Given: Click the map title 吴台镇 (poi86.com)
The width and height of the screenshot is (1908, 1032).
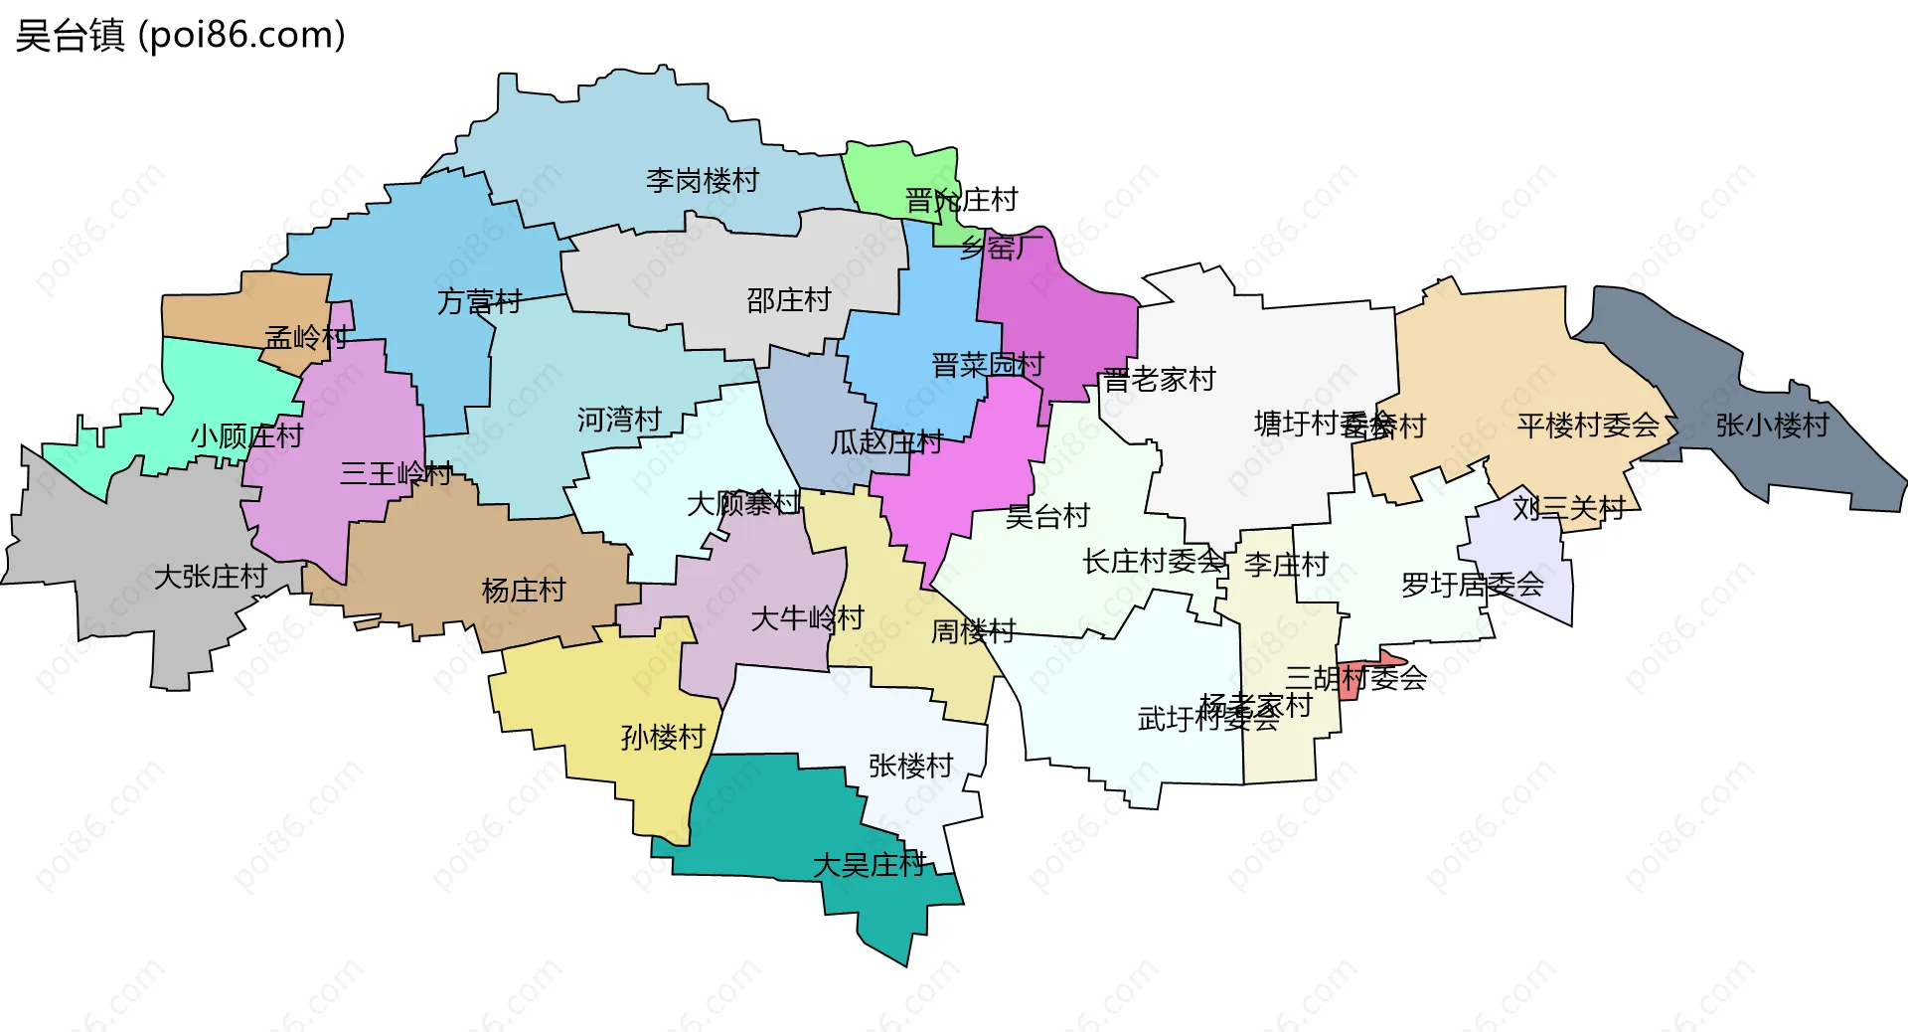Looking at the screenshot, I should coord(181,35).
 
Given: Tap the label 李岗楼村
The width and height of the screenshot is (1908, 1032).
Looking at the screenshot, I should coord(702,180).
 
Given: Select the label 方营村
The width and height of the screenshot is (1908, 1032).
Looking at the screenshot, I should coord(479,300).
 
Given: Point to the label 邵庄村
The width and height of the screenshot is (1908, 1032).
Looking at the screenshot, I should coord(788,299).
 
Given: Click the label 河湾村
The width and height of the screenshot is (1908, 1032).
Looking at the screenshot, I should coord(619,420).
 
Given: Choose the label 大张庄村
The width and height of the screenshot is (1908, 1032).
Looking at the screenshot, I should coord(211,576).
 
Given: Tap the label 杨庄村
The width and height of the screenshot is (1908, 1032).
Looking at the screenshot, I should coord(523,590).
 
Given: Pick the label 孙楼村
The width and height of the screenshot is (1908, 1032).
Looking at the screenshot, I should coord(662,737).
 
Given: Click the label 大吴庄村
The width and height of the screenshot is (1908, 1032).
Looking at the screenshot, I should coord(870,864).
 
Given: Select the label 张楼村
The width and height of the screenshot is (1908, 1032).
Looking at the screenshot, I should coord(910,765).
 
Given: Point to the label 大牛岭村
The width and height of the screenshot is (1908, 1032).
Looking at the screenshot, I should coord(807,618).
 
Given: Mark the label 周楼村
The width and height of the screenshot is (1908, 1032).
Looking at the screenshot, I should coord(972,630).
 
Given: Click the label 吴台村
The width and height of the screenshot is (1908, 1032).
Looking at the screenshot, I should coord(1047,515).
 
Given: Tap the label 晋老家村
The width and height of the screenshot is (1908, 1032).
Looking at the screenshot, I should coord(1159,379).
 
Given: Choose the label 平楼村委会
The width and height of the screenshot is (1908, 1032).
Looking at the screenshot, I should coord(1588,426).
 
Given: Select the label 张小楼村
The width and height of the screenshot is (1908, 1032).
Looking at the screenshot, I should coord(1772,426).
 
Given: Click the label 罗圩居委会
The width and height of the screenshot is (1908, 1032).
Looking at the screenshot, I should coord(1472,585).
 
